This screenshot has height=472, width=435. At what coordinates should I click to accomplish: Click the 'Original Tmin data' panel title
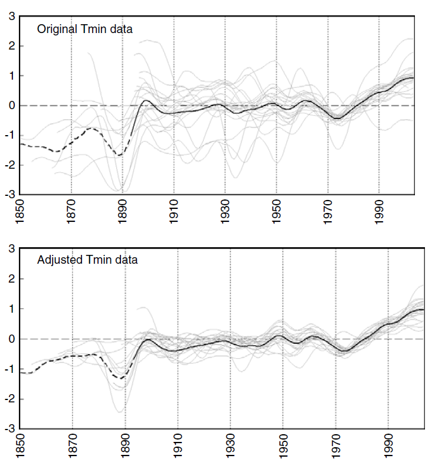(85, 28)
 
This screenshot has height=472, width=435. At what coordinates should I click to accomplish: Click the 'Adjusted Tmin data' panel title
(87, 260)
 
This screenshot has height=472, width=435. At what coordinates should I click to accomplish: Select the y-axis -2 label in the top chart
(9, 165)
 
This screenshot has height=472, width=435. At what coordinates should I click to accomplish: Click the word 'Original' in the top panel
(55, 28)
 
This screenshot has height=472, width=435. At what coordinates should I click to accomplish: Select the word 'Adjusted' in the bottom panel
(57, 260)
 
